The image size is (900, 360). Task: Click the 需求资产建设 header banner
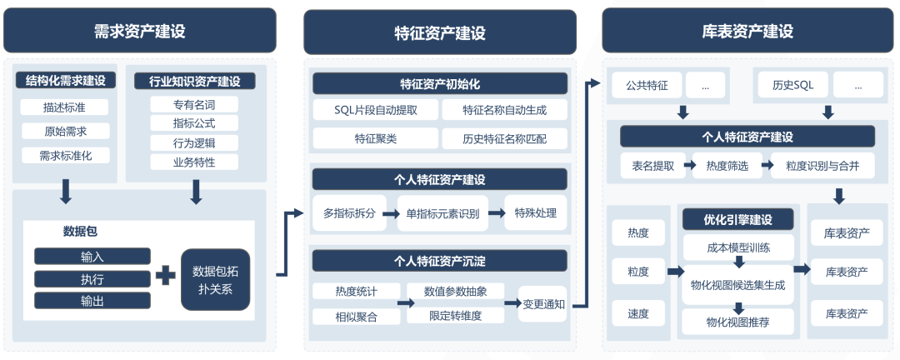coord(139,32)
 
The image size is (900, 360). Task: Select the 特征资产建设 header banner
coord(439,32)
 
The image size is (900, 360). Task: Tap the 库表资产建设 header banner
coord(742,32)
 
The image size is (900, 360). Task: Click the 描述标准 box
coord(65,107)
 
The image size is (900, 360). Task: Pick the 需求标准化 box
coord(65,155)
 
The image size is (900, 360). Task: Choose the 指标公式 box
coord(194,123)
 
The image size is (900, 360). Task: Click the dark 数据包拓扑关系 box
coord(215,279)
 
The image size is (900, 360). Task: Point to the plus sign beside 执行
coord(166,275)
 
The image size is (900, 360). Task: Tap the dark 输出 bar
coord(92,300)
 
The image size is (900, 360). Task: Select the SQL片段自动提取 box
coord(375,110)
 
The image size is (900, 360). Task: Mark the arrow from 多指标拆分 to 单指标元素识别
coord(389,213)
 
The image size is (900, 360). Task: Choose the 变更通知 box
coord(543,304)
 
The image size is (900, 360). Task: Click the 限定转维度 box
coord(455,316)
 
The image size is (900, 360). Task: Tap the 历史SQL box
coord(792,85)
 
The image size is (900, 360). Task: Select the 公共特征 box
coord(647,85)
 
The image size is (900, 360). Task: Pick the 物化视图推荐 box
coord(737,322)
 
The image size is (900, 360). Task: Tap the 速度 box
coord(638,314)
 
